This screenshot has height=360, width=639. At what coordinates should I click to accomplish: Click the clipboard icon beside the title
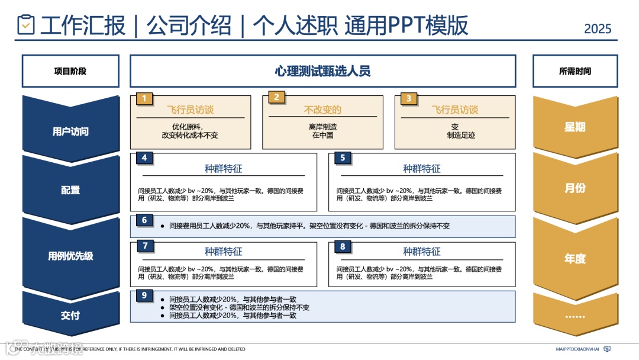pyautogui.click(x=25, y=24)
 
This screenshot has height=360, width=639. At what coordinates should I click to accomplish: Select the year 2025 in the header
pyautogui.click(x=598, y=28)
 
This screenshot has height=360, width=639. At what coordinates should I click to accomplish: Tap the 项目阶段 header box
pyautogui.click(x=70, y=71)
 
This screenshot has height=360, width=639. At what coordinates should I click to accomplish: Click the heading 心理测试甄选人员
pyautogui.click(x=322, y=71)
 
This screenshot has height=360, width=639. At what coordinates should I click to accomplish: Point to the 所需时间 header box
pyautogui.click(x=575, y=71)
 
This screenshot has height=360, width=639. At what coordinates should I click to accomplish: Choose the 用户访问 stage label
pyautogui.click(x=70, y=131)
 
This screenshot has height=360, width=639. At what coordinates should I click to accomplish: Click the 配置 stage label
pyautogui.click(x=70, y=190)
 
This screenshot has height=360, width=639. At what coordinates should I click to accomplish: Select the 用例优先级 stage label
pyautogui.click(x=70, y=256)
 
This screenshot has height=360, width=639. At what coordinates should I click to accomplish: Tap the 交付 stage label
pyautogui.click(x=70, y=315)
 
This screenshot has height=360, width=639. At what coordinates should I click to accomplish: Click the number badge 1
pyautogui.click(x=144, y=98)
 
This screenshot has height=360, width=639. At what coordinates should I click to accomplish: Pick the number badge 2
pyautogui.click(x=276, y=98)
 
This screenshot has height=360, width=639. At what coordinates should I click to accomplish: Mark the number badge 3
pyautogui.click(x=409, y=98)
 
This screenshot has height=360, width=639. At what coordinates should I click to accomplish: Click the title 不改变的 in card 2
pyautogui.click(x=322, y=110)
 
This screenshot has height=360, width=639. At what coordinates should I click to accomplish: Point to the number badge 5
pyautogui.click(x=343, y=158)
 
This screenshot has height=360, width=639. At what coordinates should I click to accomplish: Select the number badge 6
pyautogui.click(x=144, y=220)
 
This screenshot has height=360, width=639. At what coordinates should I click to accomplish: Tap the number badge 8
pyautogui.click(x=343, y=246)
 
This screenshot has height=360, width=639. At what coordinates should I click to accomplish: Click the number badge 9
pyautogui.click(x=144, y=295)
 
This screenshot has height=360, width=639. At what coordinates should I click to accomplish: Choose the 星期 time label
pyautogui.click(x=575, y=127)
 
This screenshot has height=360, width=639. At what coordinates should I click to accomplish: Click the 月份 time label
pyautogui.click(x=575, y=188)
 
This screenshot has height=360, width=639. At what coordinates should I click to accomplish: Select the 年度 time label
pyautogui.click(x=575, y=258)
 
